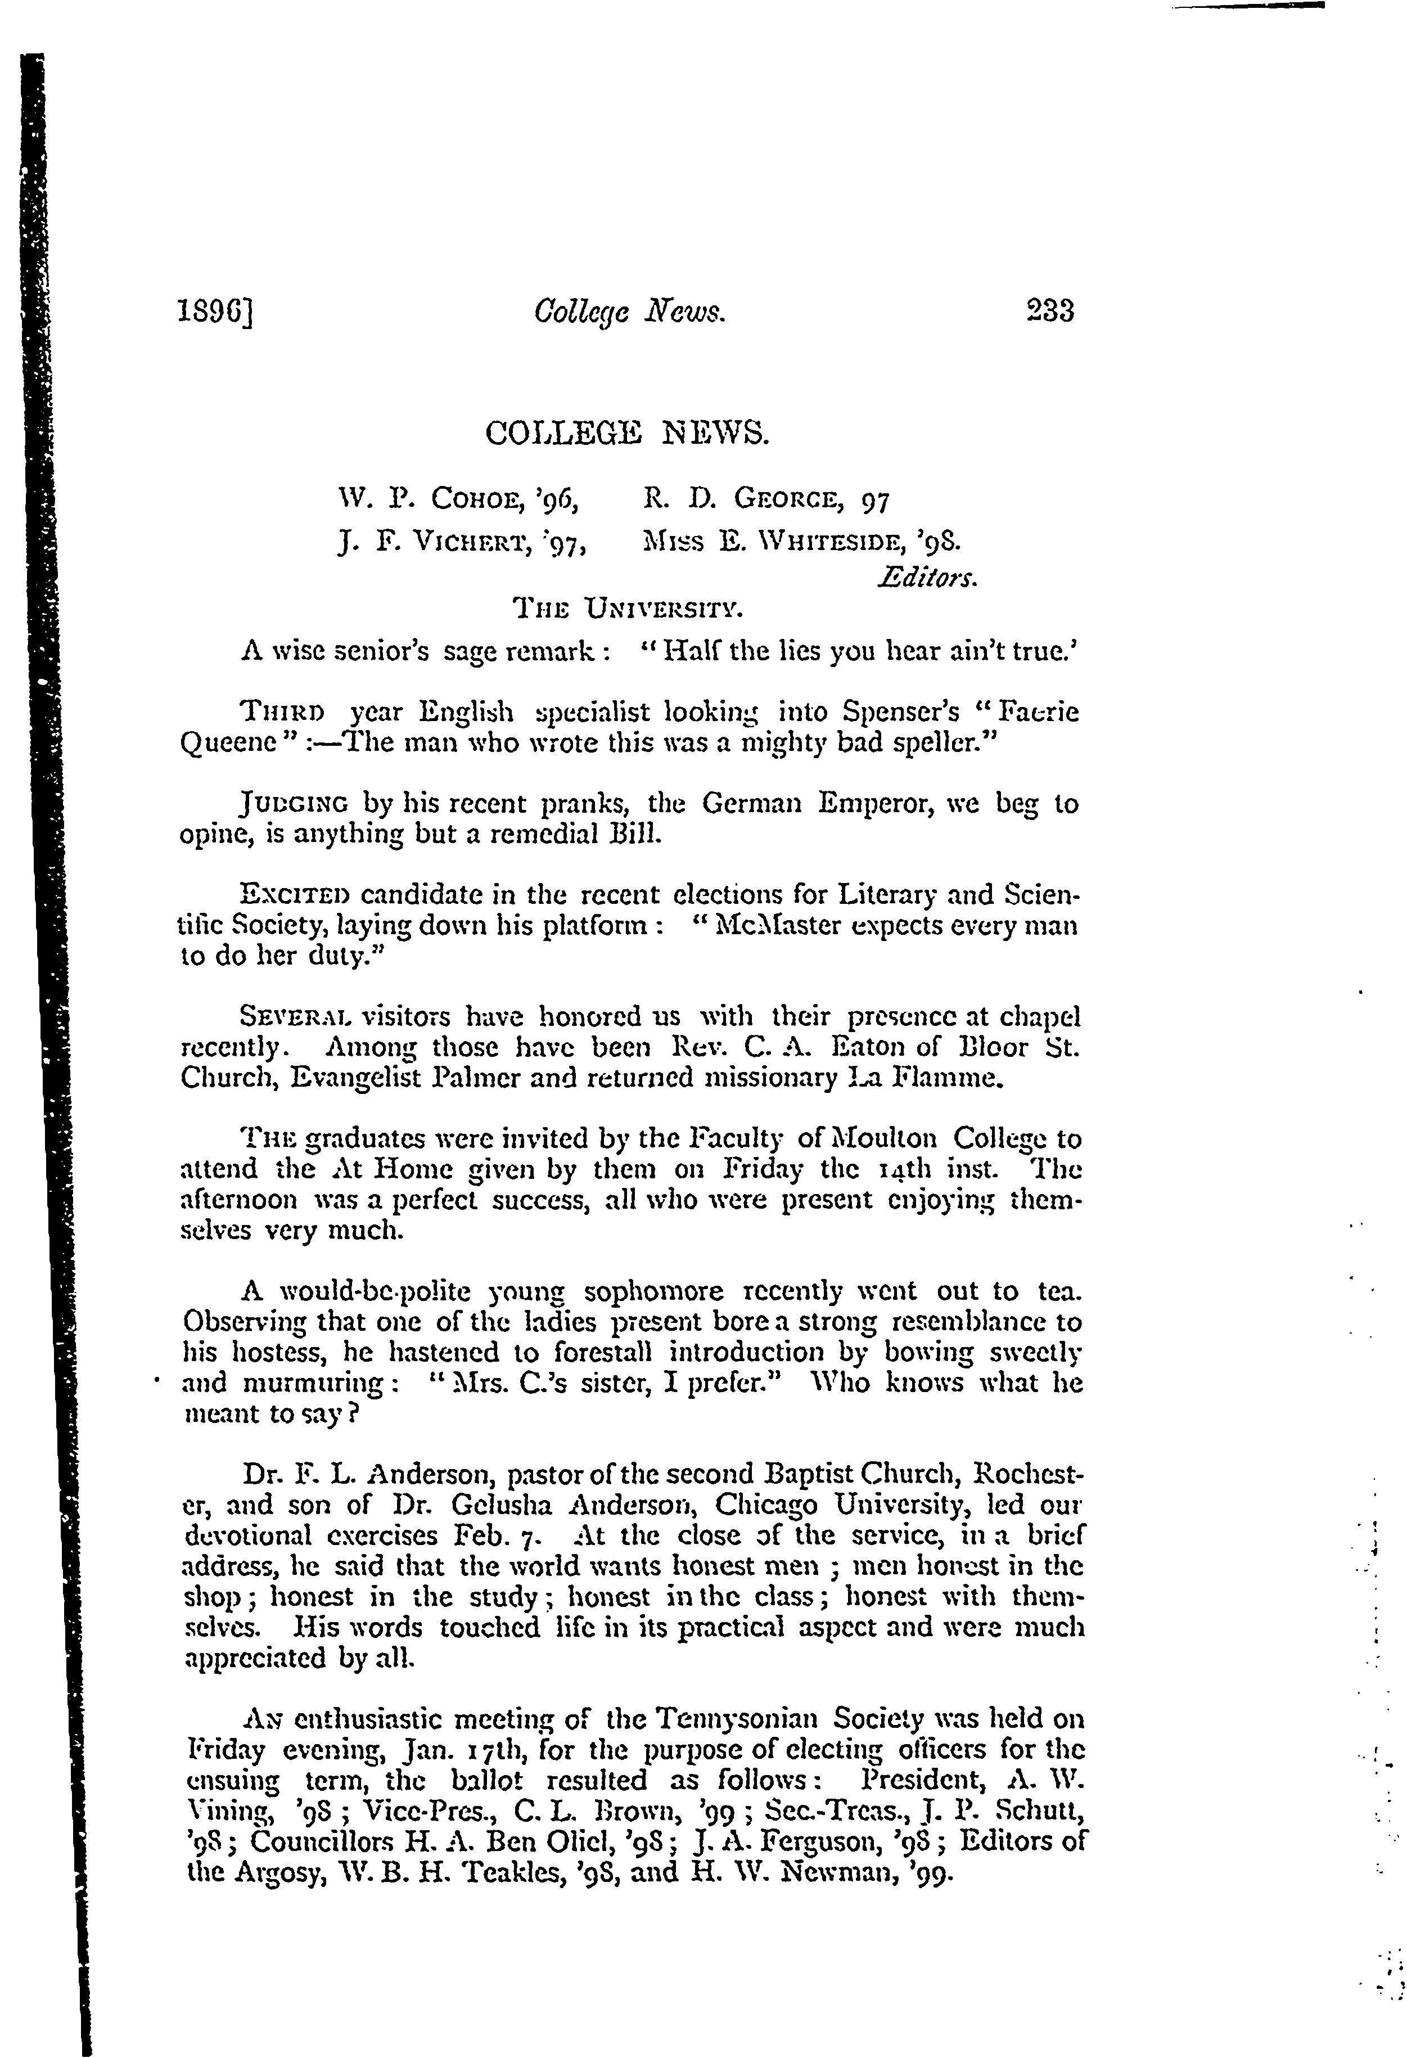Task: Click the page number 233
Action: (x=1049, y=311)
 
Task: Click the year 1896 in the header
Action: (x=216, y=311)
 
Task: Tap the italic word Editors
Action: (x=927, y=578)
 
